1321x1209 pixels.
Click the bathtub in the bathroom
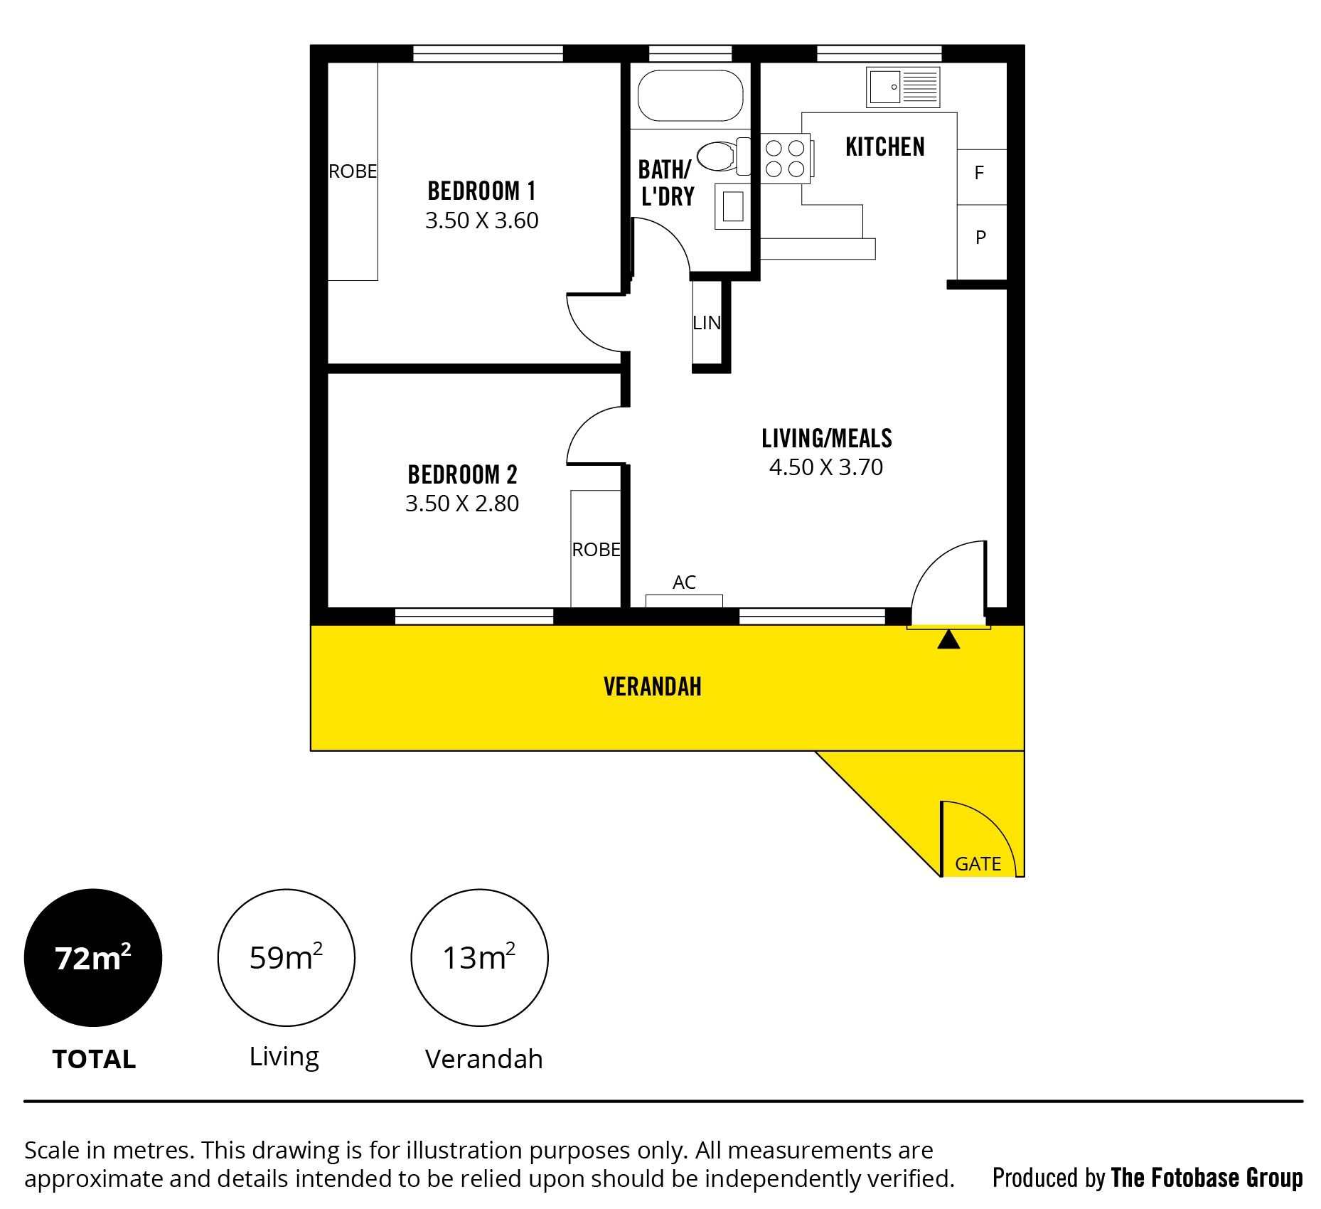tap(690, 95)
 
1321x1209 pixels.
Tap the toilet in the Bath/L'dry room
tap(723, 156)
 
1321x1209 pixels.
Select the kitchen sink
tap(903, 87)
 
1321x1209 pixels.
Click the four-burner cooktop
tap(785, 158)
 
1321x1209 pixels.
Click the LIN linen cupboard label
tap(707, 323)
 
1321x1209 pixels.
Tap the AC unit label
tap(684, 582)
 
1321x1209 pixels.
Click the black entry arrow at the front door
tap(948, 639)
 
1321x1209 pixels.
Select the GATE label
tap(978, 863)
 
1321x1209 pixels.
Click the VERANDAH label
tap(653, 686)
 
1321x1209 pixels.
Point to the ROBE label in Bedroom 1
tap(353, 171)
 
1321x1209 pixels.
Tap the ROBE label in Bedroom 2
tap(597, 550)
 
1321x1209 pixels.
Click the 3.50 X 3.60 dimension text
tap(482, 220)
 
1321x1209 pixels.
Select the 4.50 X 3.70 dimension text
tap(826, 467)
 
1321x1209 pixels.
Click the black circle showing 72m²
tap(93, 957)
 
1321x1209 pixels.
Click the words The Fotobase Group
tap(1207, 1178)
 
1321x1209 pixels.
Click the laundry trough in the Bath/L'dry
tap(733, 206)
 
